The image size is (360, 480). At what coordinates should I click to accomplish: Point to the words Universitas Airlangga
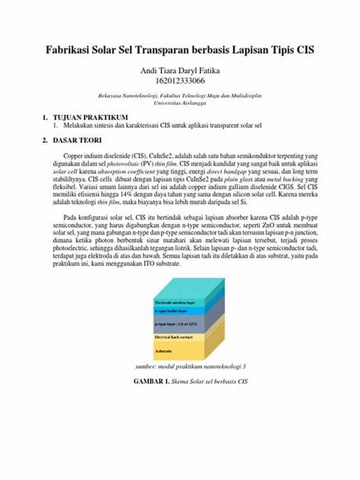click(x=180, y=103)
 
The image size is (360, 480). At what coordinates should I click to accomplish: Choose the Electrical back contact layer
click(x=173, y=337)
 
